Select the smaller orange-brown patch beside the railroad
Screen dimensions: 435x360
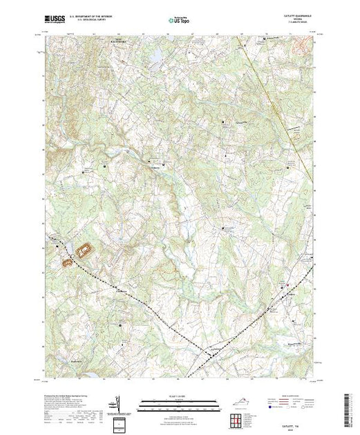click(69, 262)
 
